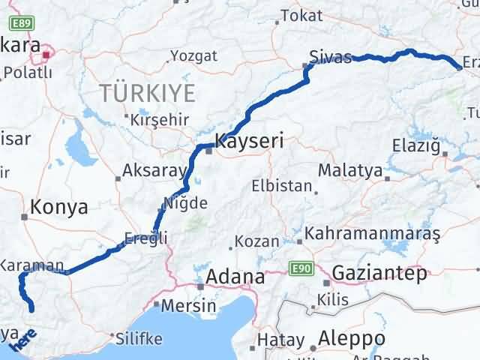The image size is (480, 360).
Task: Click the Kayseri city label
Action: [249, 140]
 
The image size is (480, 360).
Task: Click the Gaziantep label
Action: [378, 273]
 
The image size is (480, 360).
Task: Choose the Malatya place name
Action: [350, 171]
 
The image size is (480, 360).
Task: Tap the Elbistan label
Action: [282, 185]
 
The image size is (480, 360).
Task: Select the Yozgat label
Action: [193, 55]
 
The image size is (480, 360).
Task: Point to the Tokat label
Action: [301, 15]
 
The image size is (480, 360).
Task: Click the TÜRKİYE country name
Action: [148, 94]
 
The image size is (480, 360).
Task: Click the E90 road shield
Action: [301, 268]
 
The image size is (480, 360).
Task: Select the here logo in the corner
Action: [22, 340]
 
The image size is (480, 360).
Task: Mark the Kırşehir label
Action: [157, 120]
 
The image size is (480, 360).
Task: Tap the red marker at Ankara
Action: [47, 53]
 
